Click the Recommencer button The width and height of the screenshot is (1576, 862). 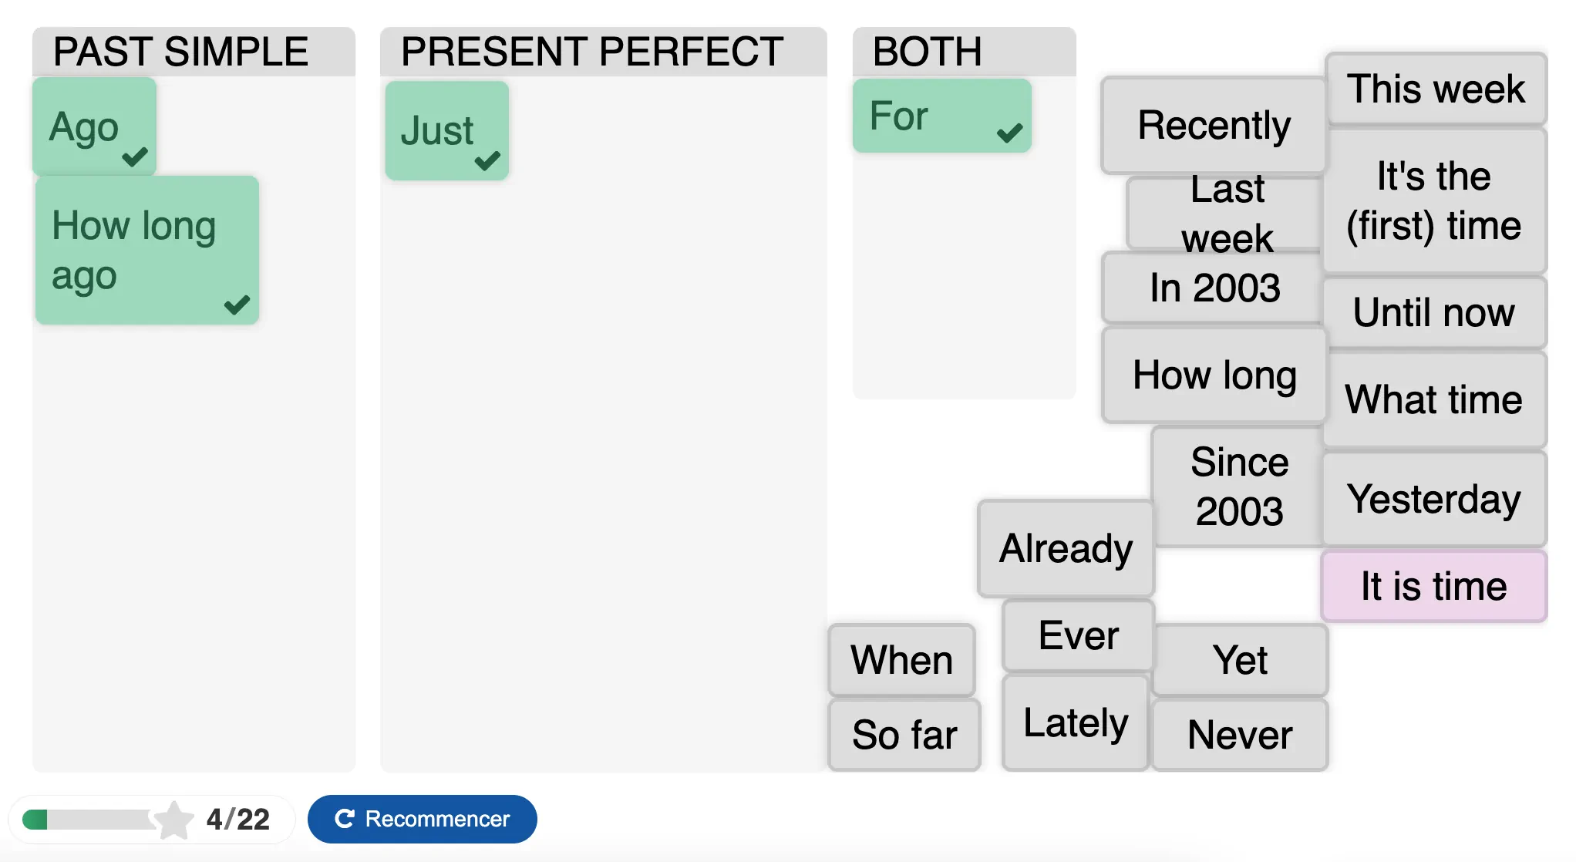422,819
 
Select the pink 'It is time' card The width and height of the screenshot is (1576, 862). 1434,586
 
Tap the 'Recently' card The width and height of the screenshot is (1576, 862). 1214,125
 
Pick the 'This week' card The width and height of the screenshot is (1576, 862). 1436,89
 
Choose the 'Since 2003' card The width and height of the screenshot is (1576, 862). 1239,487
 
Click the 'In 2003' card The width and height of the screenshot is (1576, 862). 1214,288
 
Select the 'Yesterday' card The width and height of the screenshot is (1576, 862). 1434,499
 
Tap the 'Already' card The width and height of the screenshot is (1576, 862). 1066,548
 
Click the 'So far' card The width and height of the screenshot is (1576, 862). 904,734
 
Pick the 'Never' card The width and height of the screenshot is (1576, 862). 1240,734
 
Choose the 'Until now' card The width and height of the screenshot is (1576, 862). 1434,312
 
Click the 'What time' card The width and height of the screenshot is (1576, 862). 1434,399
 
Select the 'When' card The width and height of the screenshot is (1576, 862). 901,660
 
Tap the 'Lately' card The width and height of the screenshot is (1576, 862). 1076,722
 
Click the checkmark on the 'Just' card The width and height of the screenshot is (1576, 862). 487,160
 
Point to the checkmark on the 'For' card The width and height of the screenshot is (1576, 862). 1009,133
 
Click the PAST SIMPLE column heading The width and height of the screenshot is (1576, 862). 180,52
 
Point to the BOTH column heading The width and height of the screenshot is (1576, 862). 927,52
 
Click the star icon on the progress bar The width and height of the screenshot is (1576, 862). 173,820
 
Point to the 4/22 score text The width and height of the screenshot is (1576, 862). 237,819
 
